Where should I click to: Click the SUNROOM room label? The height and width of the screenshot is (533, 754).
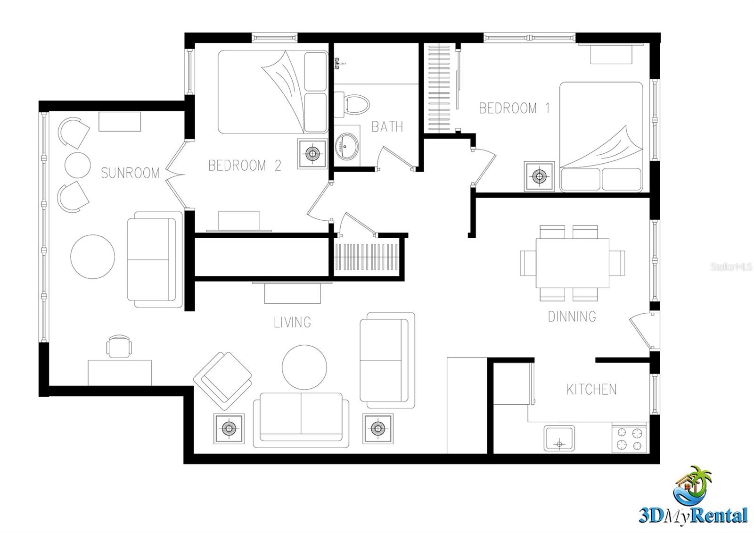point(131,173)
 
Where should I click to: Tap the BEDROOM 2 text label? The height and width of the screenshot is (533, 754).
point(245,166)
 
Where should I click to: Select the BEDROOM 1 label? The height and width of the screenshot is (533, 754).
point(514,108)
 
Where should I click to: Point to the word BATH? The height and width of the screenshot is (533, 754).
point(387,127)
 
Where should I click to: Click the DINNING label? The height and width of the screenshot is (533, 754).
point(572,316)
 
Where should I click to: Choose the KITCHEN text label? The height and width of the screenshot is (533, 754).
point(591,390)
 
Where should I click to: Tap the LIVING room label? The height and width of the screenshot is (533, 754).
point(292,323)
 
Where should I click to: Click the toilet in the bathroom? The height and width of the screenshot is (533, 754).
point(353,105)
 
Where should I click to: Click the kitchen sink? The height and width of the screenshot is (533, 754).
point(559,438)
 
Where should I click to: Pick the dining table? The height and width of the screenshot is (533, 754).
point(572,263)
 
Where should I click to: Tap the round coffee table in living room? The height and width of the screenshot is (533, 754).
point(304,367)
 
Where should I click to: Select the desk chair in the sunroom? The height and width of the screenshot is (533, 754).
point(119,347)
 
